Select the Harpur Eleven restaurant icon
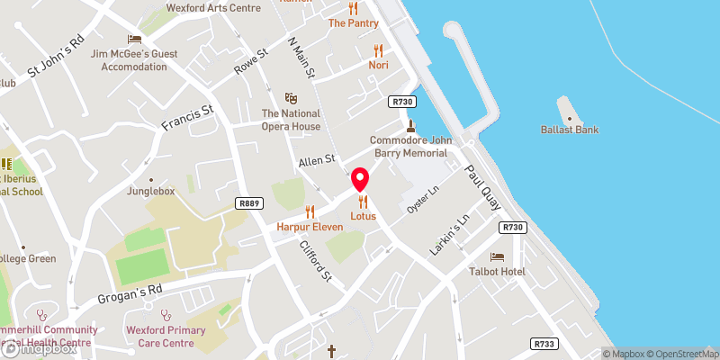[x=310, y=212]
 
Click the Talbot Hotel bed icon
[x=498, y=256]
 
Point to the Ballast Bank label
[x=570, y=130]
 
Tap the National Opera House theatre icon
[x=291, y=97]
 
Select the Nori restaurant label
[x=378, y=66]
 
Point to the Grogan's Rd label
[x=130, y=293]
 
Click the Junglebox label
[x=150, y=191]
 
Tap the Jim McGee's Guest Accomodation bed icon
[x=134, y=39]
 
